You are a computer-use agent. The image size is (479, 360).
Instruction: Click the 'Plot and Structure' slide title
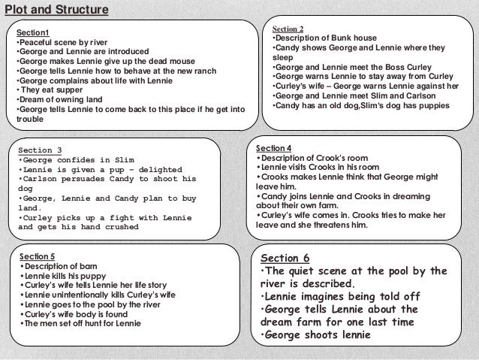pyautogui.click(x=56, y=10)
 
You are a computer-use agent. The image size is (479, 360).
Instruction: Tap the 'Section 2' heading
pyautogui.click(x=288, y=29)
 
